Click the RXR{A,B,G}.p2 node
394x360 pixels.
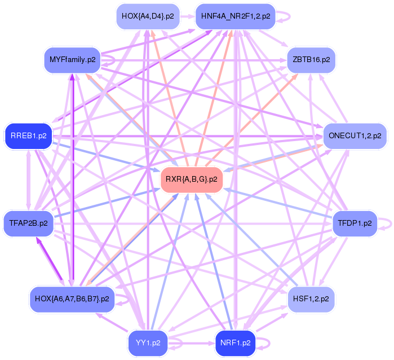coord(191,180)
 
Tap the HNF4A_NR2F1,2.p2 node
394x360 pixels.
coord(235,16)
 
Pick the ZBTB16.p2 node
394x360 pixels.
coord(311,59)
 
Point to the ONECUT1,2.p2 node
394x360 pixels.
coord(355,136)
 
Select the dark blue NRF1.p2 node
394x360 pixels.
coord(235,343)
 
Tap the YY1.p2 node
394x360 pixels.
coord(148,343)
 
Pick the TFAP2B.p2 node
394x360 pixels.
coord(28,223)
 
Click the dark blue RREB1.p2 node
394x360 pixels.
coord(28,136)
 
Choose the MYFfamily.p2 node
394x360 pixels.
coord(72,59)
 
